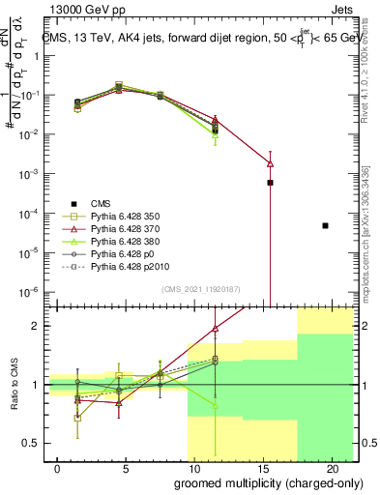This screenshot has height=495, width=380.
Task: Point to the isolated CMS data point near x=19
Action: pos(325,225)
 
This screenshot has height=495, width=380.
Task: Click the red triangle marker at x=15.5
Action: pos(271,163)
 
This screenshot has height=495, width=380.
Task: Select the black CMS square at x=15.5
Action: pos(271,183)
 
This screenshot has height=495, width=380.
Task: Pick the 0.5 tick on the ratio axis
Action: pos(33,443)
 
